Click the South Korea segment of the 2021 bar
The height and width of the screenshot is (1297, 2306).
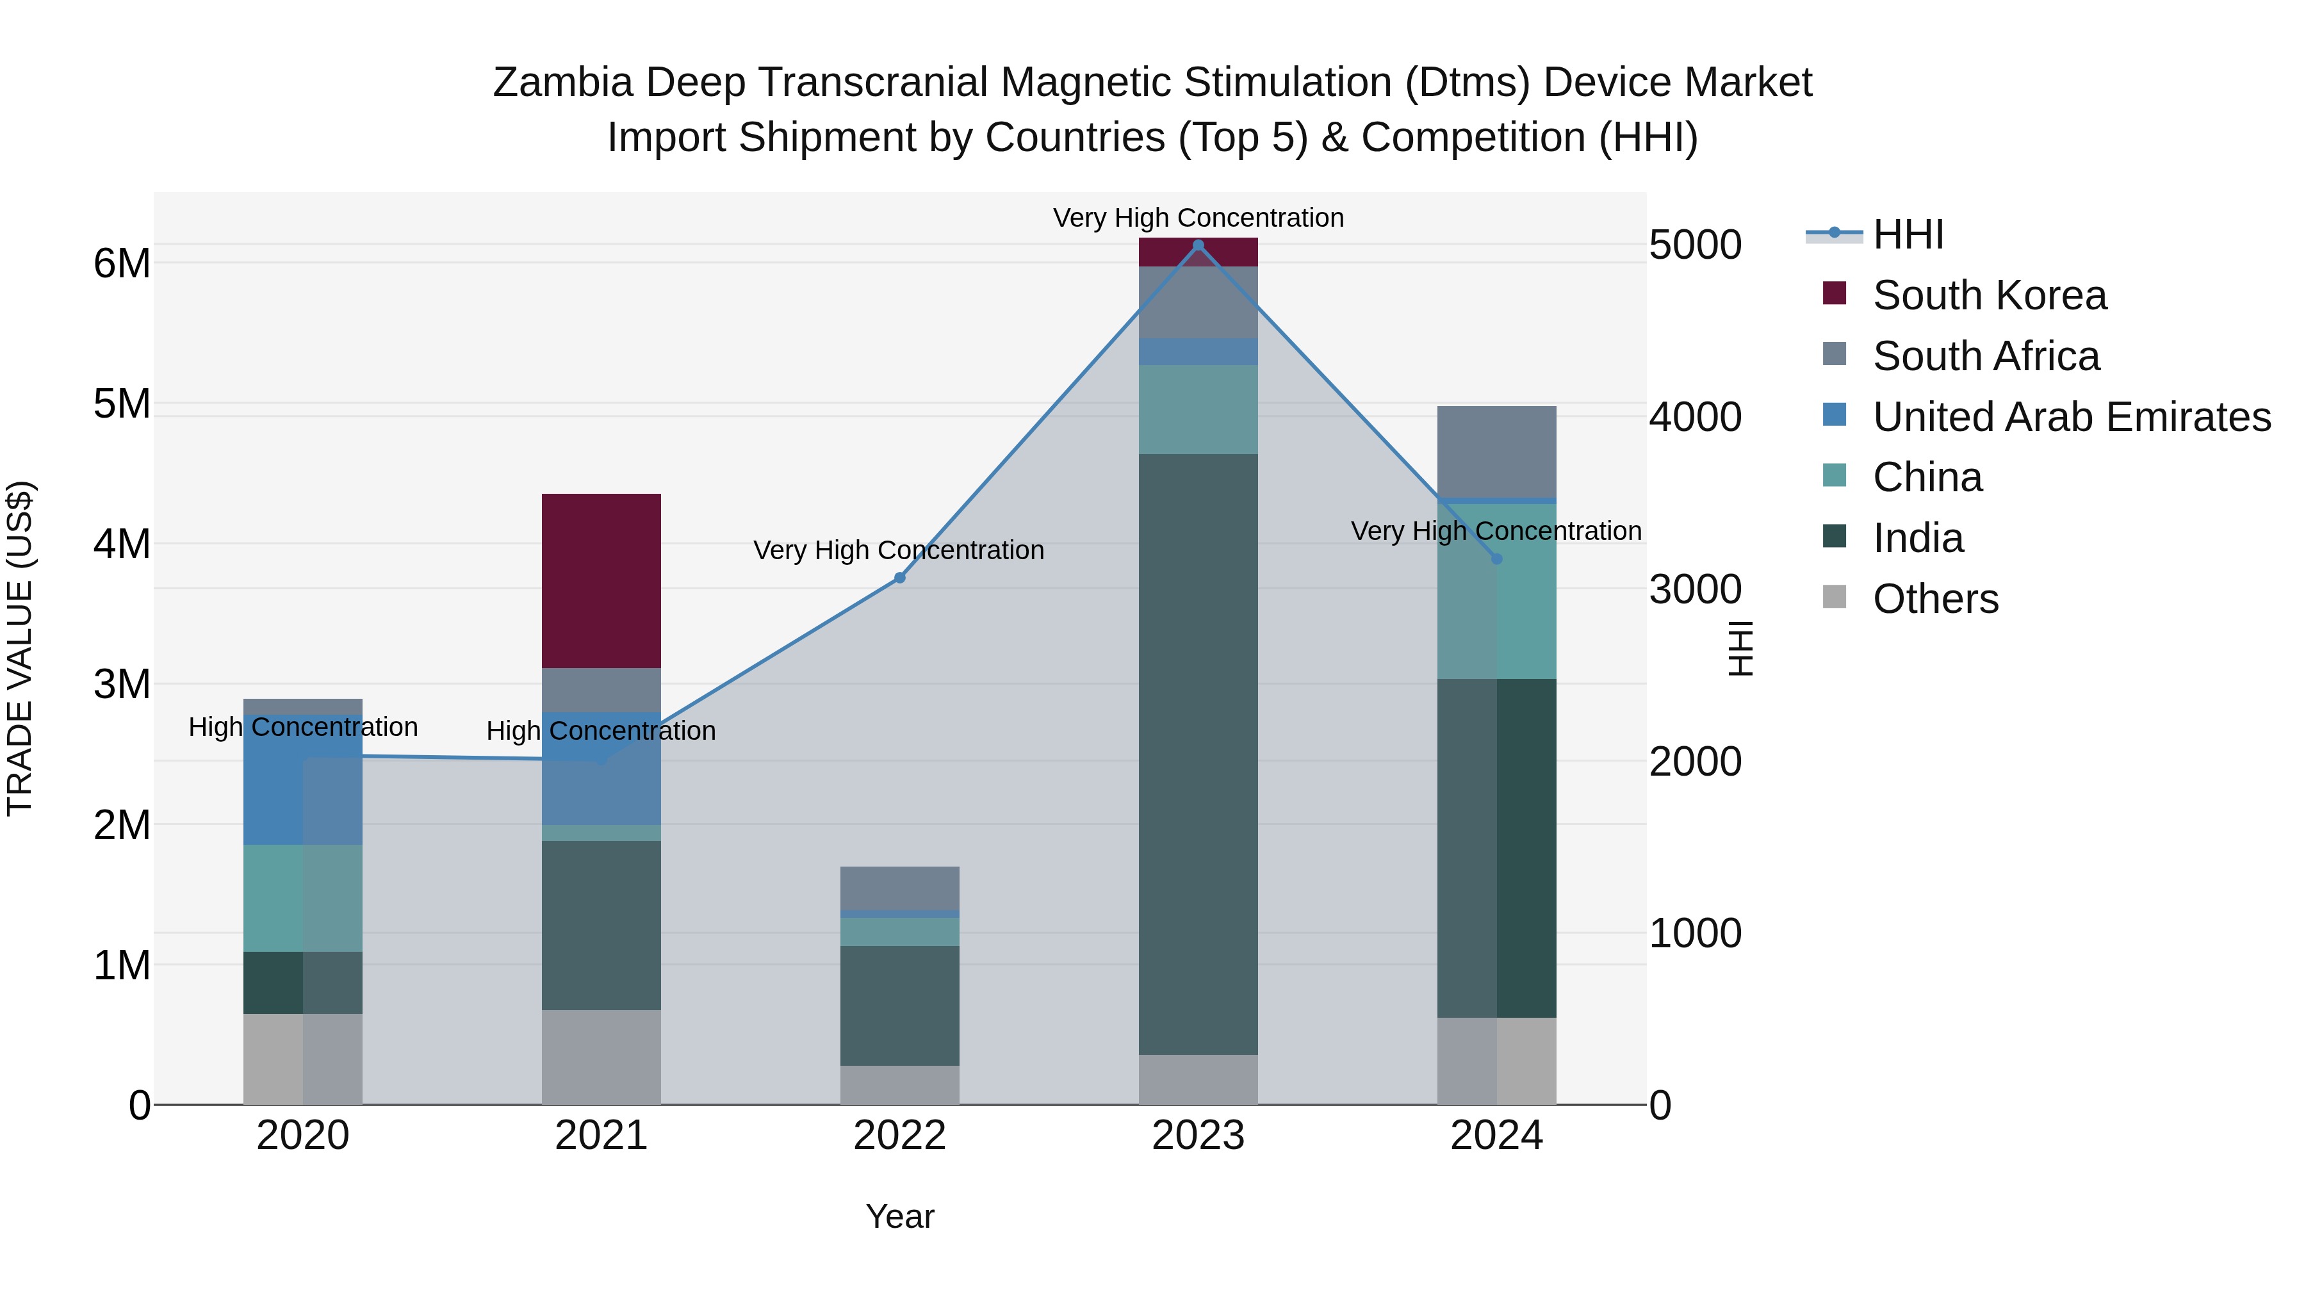pyautogui.click(x=601, y=580)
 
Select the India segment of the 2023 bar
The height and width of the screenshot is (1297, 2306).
pyautogui.click(x=1198, y=754)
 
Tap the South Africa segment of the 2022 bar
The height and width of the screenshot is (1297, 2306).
pyautogui.click(x=900, y=887)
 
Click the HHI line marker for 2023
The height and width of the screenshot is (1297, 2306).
pyautogui.click(x=1198, y=245)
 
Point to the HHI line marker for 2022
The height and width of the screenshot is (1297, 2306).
pyautogui.click(x=900, y=578)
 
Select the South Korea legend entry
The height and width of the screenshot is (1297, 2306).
pyautogui.click(x=1989, y=295)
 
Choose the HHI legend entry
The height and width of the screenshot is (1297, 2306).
pyautogui.click(x=1908, y=234)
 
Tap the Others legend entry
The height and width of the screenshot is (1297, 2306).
pyautogui.click(x=1934, y=599)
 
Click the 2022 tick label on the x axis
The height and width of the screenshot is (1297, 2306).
pyautogui.click(x=900, y=1136)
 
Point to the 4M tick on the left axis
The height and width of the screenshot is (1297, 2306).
pyautogui.click(x=122, y=543)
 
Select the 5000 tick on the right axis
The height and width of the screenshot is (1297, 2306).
pyautogui.click(x=1694, y=245)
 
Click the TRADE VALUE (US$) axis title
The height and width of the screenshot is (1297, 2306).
pyautogui.click(x=20, y=648)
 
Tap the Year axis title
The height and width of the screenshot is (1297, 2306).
pyautogui.click(x=900, y=1216)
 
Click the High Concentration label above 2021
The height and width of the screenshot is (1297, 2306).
pyautogui.click(x=601, y=730)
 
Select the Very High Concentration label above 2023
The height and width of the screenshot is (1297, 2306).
pyautogui.click(x=1198, y=218)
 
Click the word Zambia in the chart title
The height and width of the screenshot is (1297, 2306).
pyautogui.click(x=563, y=83)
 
